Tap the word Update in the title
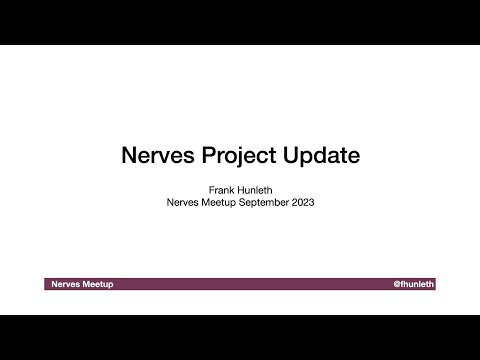click(322, 157)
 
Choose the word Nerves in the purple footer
click(66, 285)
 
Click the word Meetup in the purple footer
click(98, 285)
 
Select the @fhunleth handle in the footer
click(414, 285)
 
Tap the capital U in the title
click(293, 157)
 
